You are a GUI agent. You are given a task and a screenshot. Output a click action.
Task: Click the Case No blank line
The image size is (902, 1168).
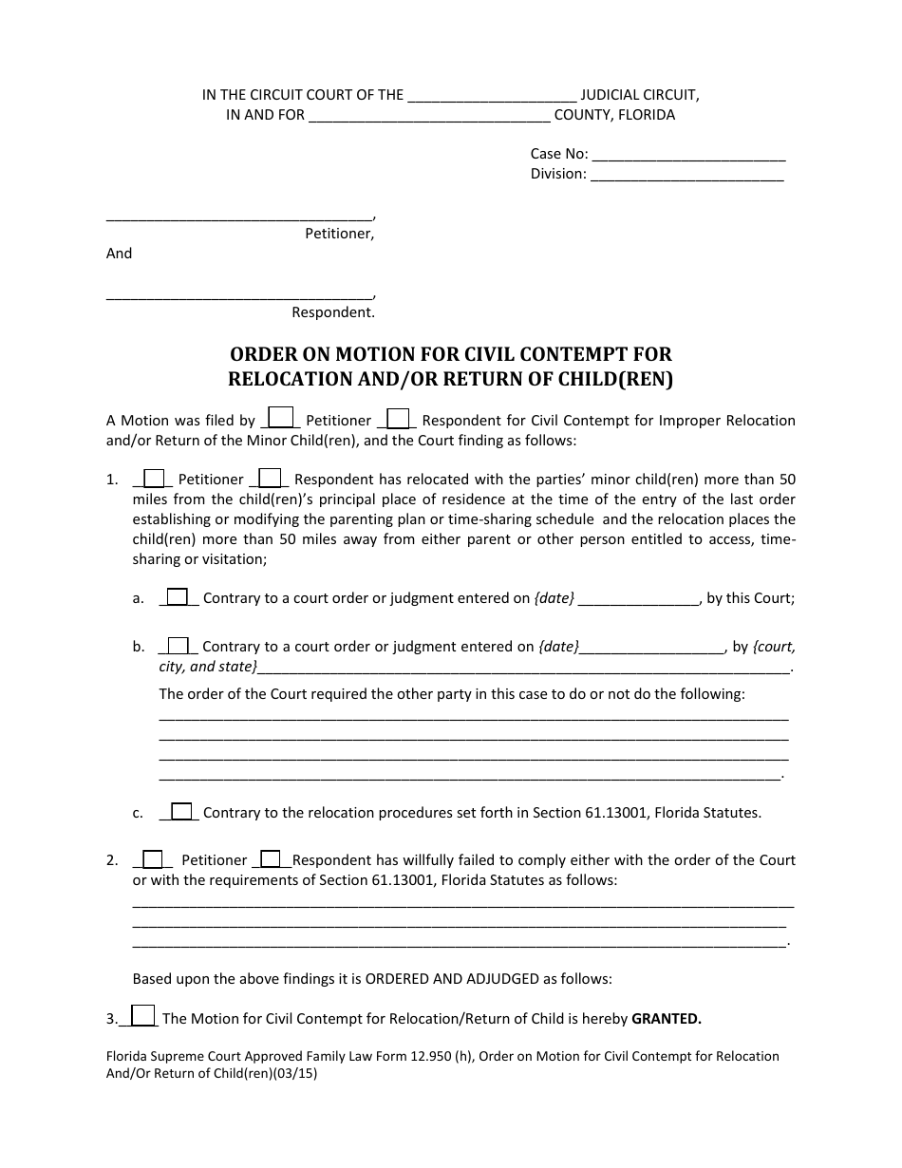click(x=688, y=156)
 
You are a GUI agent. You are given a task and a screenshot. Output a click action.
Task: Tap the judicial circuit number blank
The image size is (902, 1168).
click(x=491, y=96)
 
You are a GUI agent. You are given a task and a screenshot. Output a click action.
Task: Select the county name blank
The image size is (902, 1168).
click(x=430, y=116)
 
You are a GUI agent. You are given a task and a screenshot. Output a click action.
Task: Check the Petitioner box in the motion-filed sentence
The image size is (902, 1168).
click(x=281, y=419)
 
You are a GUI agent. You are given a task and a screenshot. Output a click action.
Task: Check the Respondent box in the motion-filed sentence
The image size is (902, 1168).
click(x=399, y=419)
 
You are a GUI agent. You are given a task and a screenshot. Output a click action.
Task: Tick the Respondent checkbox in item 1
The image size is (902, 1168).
click(x=270, y=479)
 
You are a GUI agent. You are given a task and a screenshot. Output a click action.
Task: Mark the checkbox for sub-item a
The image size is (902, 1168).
click(x=178, y=597)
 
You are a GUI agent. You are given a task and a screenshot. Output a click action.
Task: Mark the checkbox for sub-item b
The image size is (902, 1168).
click(x=178, y=646)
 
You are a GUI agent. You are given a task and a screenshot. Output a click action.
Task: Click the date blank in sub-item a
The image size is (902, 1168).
click(x=638, y=599)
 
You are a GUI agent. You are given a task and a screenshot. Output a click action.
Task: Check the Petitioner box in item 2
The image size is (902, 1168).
click(x=153, y=859)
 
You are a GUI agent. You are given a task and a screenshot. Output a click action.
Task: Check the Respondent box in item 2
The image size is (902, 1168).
click(x=271, y=859)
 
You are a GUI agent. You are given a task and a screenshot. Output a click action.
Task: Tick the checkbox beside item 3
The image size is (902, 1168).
click(x=141, y=1016)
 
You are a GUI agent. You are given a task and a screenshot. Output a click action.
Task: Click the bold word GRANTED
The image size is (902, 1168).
click(x=667, y=1020)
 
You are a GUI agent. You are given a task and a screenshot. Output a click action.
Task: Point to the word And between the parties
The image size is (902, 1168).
click(x=119, y=254)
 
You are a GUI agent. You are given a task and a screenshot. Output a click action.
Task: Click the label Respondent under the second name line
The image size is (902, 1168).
click(x=332, y=312)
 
